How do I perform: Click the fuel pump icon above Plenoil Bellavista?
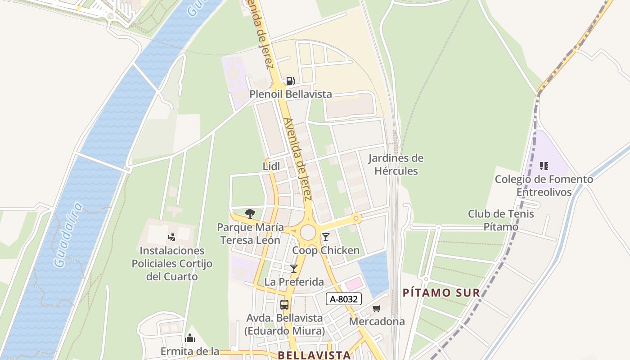tap(290, 81)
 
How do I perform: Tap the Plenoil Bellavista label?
tap(291, 94)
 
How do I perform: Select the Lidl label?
tap(271, 166)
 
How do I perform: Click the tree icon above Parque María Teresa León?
tap(250, 213)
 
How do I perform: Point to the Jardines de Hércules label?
tap(396, 165)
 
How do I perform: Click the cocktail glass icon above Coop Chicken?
tap(326, 237)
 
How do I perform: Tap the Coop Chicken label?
tap(326, 250)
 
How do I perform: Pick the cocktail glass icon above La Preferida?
tap(294, 269)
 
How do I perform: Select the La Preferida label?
tap(294, 282)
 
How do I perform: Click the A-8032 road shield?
tap(344, 299)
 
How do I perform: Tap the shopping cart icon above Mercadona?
tap(377, 308)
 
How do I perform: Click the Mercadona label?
tap(377, 321)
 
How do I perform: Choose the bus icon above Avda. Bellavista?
tap(284, 304)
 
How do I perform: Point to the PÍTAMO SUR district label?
tap(441, 293)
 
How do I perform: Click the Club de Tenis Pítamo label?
tap(501, 220)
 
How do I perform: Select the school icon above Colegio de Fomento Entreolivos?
tap(544, 166)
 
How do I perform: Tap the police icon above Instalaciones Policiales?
tap(171, 237)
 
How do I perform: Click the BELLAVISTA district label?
tap(314, 355)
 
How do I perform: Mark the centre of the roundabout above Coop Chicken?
tap(308, 232)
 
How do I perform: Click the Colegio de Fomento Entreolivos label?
tap(544, 185)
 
